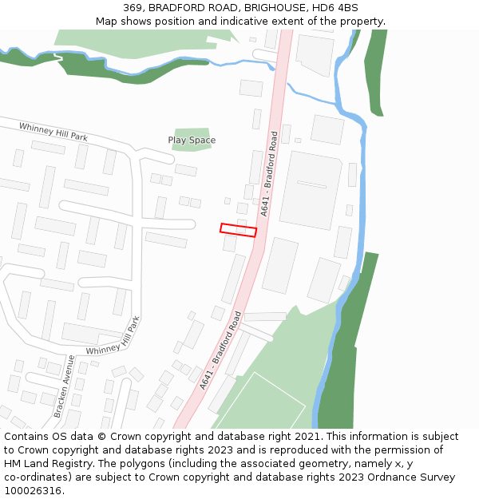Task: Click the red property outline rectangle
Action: click(x=238, y=230)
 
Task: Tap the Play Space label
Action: click(x=192, y=141)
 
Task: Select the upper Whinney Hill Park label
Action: click(x=53, y=131)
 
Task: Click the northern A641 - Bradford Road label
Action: click(x=269, y=173)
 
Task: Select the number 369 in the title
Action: click(x=133, y=8)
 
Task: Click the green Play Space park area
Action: click(x=192, y=140)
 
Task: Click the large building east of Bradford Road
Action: click(x=309, y=190)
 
